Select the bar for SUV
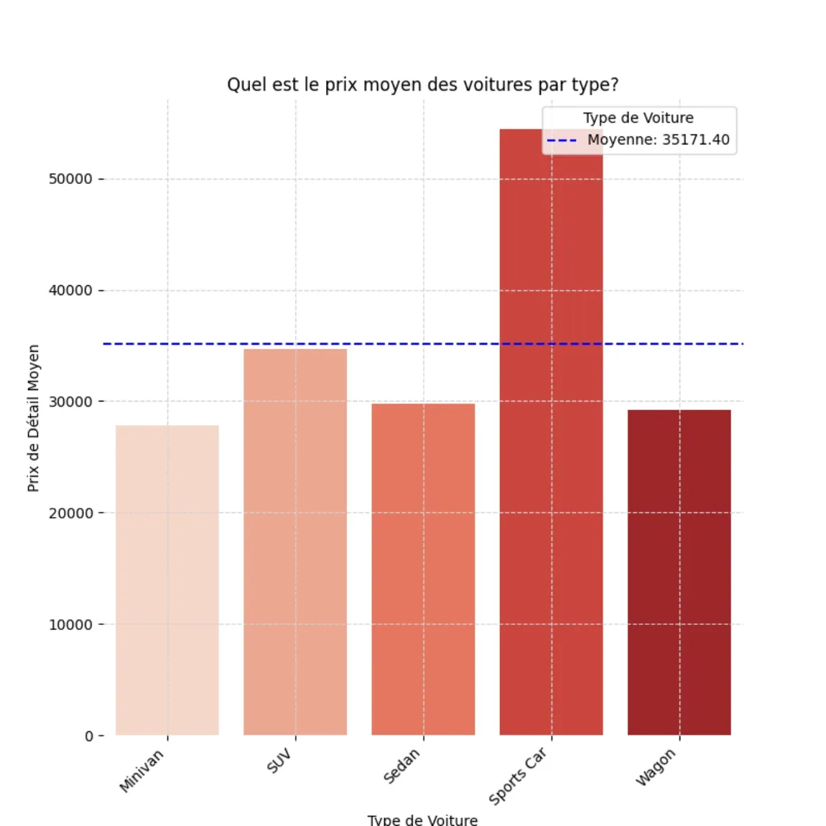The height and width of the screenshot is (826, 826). [x=295, y=542]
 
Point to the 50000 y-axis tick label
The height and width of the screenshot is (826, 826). [x=70, y=179]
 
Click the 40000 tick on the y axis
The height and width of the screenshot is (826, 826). [x=70, y=290]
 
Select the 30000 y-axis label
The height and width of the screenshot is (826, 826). [x=70, y=402]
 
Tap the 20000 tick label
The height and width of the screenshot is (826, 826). [x=70, y=513]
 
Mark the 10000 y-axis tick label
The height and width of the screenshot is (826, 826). [x=70, y=624]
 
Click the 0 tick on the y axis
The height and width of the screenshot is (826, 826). [x=89, y=735]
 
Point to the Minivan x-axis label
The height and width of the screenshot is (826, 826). [x=141, y=771]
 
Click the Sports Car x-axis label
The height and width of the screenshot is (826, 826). [x=518, y=776]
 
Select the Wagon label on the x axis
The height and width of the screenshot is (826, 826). [x=656, y=767]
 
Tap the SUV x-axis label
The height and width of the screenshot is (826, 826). [x=279, y=761]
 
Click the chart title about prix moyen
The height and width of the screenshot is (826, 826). [x=422, y=85]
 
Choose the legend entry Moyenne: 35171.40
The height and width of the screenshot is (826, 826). [x=657, y=139]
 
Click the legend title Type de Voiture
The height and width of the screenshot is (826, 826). [x=638, y=118]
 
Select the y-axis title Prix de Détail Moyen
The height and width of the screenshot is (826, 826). [x=33, y=418]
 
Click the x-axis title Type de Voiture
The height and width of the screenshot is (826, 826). [x=422, y=820]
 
